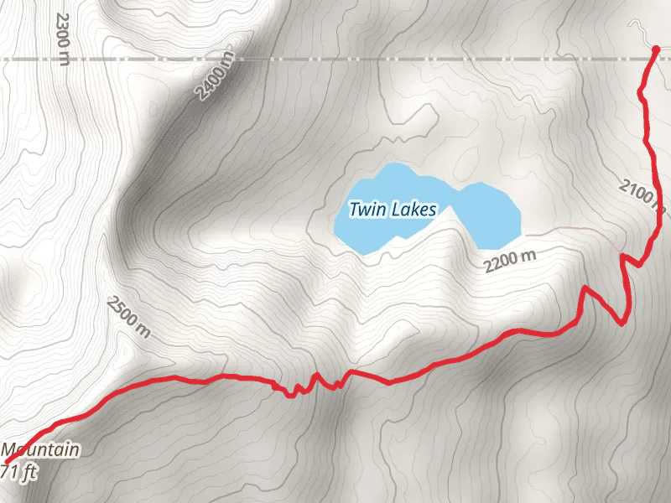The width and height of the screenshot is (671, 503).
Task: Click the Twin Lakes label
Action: coord(393,210)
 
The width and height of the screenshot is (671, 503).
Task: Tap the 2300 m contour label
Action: coord(61,38)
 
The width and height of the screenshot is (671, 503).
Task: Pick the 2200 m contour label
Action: coord(509,262)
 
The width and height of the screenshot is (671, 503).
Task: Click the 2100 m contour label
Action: coord(642,197)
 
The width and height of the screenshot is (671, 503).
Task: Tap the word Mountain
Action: coord(40,451)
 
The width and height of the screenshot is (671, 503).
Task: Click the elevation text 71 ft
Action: coord(20,472)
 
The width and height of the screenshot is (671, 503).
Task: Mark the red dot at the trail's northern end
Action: coord(656,50)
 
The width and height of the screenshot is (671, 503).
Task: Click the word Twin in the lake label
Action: coord(366,210)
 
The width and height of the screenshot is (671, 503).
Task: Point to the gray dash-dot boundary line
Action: coord(335,60)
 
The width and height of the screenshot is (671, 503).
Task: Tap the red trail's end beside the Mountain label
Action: coord(17,453)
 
